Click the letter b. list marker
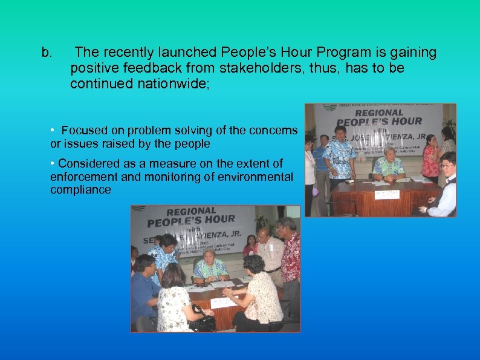(x=47, y=53)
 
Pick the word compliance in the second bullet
(x=81, y=190)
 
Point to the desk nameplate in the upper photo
(x=387, y=194)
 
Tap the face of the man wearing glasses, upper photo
(x=447, y=163)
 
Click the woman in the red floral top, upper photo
(x=430, y=160)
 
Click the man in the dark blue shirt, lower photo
(x=143, y=290)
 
